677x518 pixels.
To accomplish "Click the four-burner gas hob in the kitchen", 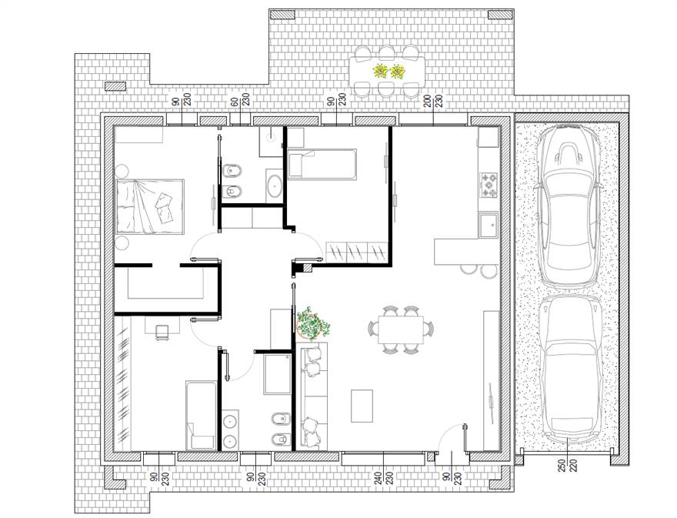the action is (489, 185).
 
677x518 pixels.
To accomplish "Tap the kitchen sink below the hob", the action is (489, 225).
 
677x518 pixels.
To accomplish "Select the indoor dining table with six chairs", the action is (400, 329).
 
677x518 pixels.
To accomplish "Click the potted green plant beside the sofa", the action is (312, 323).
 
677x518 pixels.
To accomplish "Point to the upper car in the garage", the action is (567, 206).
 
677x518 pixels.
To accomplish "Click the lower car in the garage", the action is (569, 369).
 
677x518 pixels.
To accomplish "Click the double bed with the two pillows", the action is (150, 206).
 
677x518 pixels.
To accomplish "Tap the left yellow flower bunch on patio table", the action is (381, 71).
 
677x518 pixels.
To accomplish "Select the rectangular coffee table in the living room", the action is (362, 406).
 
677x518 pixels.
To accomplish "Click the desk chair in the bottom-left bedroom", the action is (162, 332).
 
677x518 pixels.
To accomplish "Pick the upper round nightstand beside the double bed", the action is (122, 170).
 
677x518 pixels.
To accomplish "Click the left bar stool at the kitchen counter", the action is (469, 269).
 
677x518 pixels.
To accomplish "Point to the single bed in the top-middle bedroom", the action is (322, 164).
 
